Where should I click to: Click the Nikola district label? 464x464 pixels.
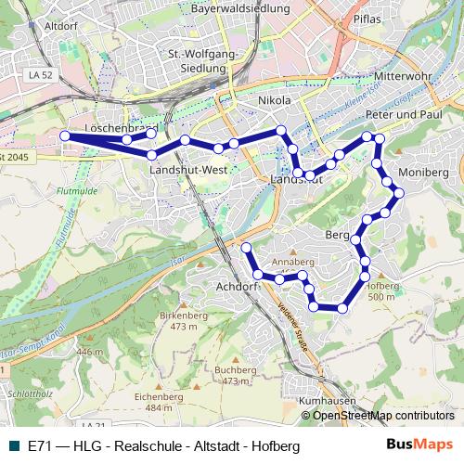[275, 100]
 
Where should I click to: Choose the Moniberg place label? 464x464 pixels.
[422, 173]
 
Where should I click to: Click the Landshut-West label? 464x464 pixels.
[188, 172]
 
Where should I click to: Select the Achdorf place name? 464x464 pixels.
[236, 287]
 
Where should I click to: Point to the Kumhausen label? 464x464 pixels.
[329, 401]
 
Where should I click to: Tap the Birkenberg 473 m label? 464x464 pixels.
[184, 321]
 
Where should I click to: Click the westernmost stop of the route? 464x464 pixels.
[65, 136]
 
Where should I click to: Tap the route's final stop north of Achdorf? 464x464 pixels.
[247, 248]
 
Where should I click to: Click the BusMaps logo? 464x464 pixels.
[425, 446]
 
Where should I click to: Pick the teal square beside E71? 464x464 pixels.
[12, 446]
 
